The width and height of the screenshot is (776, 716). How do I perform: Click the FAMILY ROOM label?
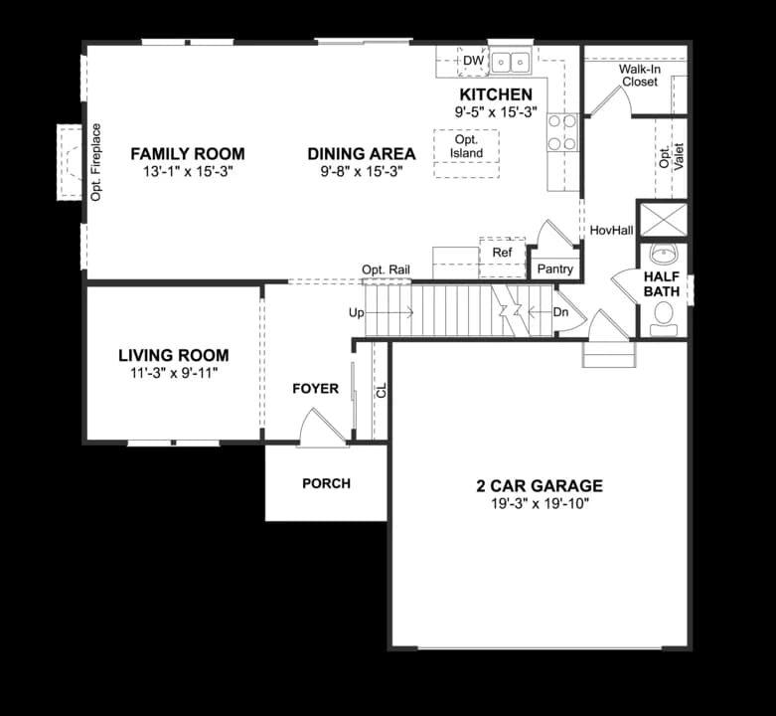coord(188,154)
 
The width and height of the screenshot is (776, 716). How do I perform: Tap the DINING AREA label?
coord(362,154)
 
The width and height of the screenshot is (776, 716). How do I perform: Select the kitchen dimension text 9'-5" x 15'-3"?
coord(496,112)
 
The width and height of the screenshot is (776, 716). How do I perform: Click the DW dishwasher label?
coord(474,61)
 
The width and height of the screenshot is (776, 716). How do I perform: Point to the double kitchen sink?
coord(511,62)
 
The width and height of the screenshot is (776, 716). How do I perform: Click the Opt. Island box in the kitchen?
coord(466,153)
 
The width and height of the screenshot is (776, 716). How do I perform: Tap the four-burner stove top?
coord(562,131)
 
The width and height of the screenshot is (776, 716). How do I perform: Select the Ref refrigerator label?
coord(502,253)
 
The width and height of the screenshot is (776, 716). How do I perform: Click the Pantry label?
coord(554,268)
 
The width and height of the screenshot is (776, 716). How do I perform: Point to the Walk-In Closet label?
coord(640,76)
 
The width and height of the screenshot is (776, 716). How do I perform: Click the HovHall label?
coord(612,231)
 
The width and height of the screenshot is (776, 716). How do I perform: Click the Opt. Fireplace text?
coord(96,162)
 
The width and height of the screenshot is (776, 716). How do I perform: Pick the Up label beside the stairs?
coord(357,313)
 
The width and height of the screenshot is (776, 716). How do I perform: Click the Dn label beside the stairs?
coord(560,312)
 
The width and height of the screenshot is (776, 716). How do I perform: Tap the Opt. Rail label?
coord(387,269)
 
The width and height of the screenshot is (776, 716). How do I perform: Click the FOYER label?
coord(316,389)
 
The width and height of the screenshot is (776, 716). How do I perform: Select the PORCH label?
coord(327,483)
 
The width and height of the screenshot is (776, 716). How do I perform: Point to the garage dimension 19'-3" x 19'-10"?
coord(540,504)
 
